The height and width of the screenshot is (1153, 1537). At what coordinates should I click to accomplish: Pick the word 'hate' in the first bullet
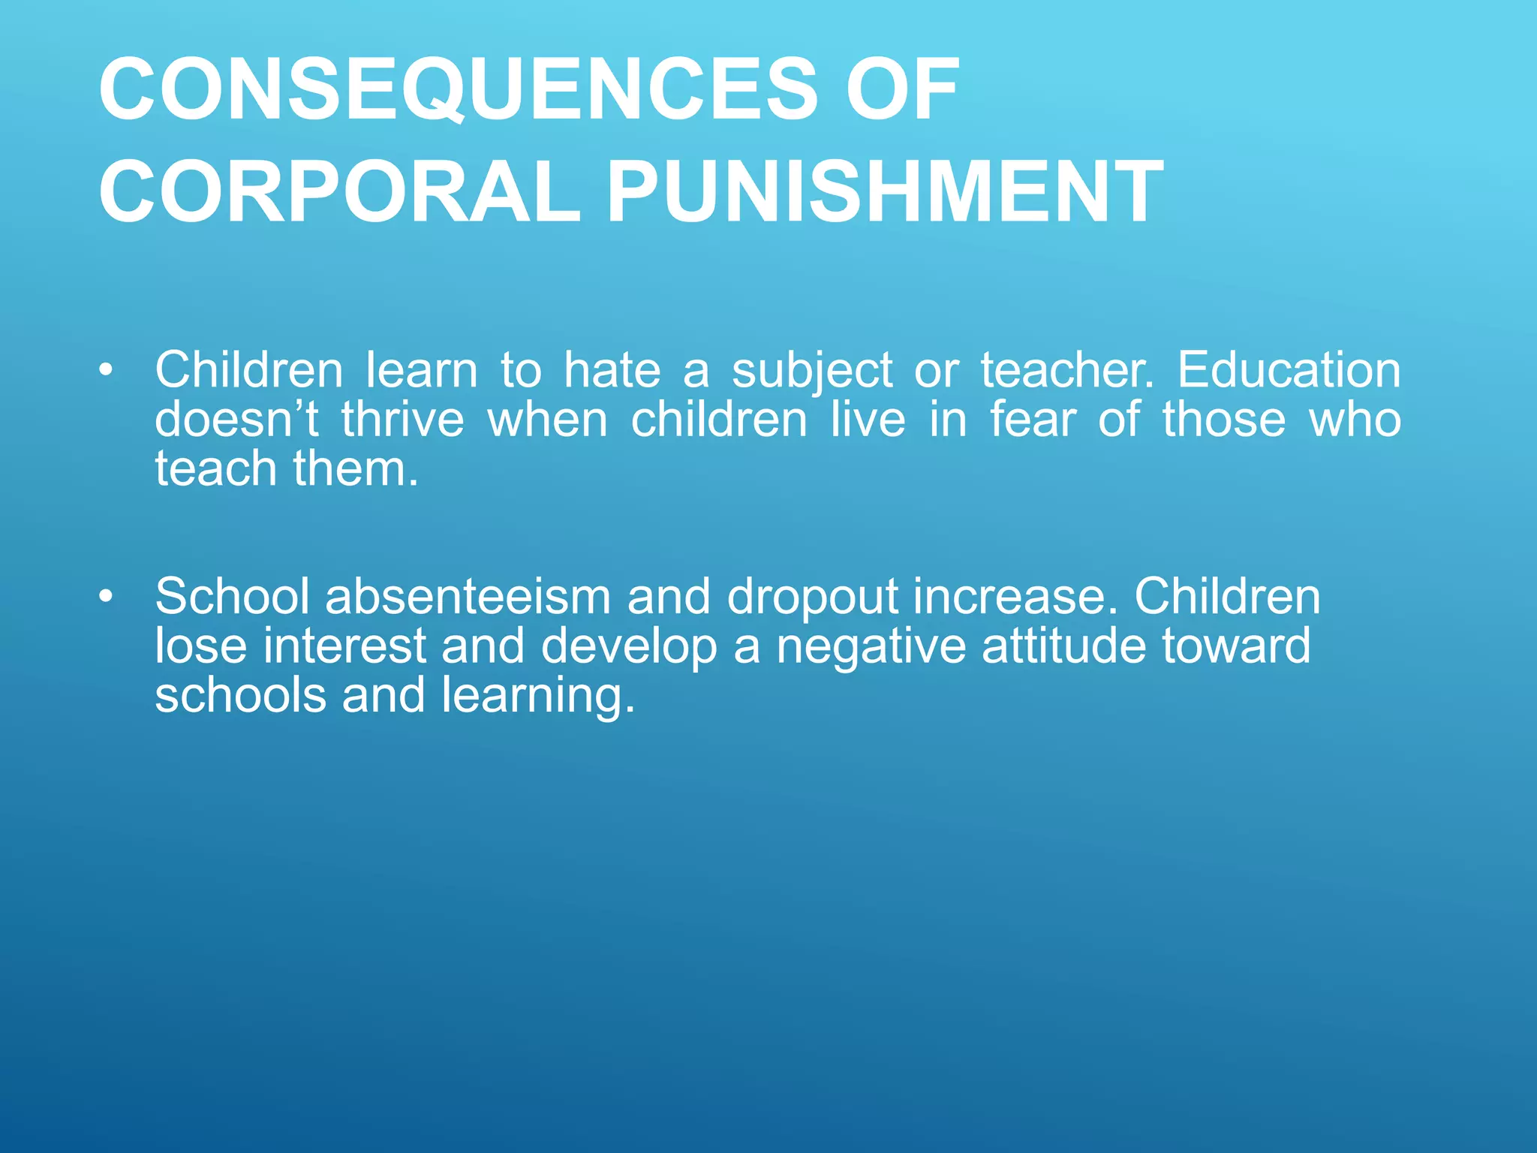612,371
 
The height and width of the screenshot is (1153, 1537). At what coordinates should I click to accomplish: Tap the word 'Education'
1289,371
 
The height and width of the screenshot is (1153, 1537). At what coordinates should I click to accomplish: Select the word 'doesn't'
237,420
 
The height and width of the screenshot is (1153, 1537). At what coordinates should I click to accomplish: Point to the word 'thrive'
403,420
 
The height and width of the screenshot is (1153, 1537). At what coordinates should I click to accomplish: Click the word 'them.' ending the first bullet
356,470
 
